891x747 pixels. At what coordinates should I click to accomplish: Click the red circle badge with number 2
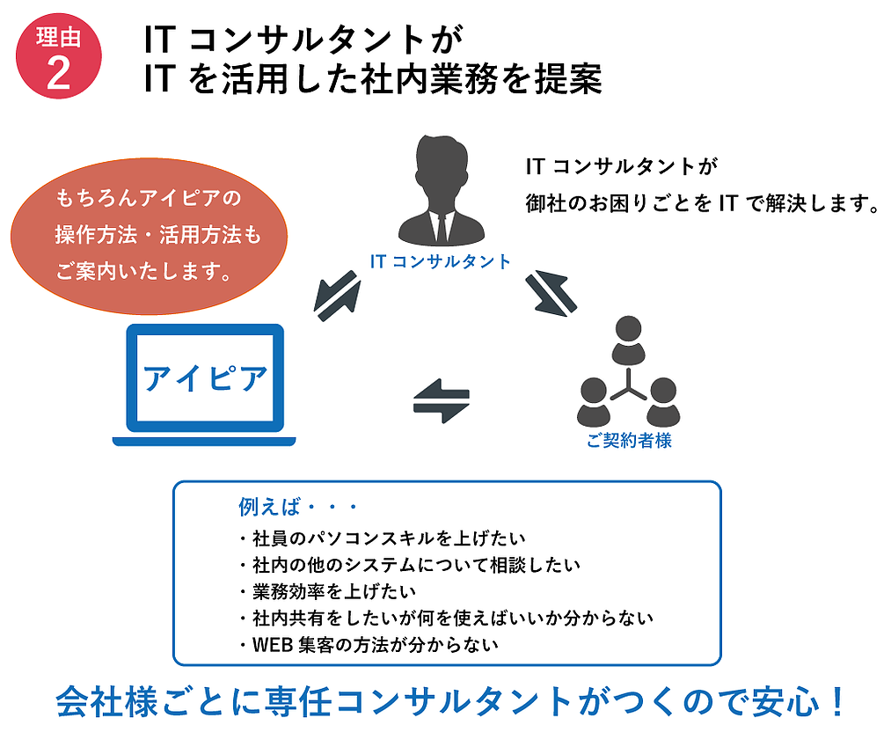[59, 55]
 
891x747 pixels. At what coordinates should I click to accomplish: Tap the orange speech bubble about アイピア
[149, 236]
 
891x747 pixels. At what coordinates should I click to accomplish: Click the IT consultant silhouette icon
[441, 190]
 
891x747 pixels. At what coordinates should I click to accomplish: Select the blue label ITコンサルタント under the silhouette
[441, 261]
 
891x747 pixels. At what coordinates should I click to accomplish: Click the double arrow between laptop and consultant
[338, 297]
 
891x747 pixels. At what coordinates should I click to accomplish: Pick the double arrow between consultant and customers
[551, 293]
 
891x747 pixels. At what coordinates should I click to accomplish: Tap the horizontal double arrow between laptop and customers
[442, 401]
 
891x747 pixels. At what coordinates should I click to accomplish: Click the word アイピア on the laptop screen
[205, 378]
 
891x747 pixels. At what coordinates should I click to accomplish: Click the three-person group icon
[628, 372]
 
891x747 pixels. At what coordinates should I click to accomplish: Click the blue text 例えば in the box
[268, 507]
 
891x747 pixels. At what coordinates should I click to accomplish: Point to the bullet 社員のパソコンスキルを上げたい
[383, 538]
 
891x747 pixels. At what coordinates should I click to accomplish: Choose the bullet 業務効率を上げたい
[328, 591]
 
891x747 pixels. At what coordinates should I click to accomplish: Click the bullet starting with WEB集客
[369, 645]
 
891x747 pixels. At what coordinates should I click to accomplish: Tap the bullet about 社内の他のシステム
[410, 565]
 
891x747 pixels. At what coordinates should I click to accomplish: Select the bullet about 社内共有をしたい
[446, 618]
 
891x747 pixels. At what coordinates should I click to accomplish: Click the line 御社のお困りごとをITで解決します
[703, 203]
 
